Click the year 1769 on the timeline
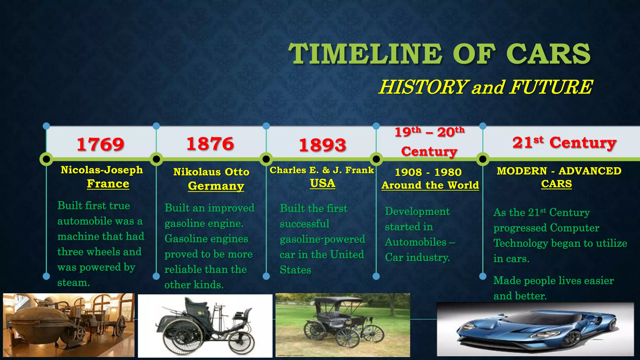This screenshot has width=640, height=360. [x=100, y=144]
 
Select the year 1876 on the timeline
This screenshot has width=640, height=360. [x=210, y=144]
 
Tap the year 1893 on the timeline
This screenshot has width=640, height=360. [x=322, y=145]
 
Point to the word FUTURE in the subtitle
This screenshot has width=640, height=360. [x=551, y=87]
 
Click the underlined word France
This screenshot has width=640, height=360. [x=108, y=184]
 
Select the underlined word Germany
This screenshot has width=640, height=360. [x=216, y=186]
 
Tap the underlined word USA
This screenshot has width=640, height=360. [x=322, y=183]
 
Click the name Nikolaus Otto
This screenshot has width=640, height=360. [x=211, y=172]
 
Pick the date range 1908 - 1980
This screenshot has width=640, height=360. [x=428, y=172]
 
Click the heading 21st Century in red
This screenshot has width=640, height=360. [x=564, y=142]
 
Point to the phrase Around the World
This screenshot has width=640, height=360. [x=430, y=185]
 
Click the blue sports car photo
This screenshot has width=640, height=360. [x=535, y=329]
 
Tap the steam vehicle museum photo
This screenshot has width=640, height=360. [x=69, y=325]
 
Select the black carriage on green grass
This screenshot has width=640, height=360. [x=342, y=325]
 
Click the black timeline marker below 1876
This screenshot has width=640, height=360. [x=156, y=159]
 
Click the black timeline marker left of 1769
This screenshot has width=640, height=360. [x=46, y=159]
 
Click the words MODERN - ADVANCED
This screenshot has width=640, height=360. [x=559, y=171]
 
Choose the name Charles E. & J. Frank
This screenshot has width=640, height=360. [x=322, y=170]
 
